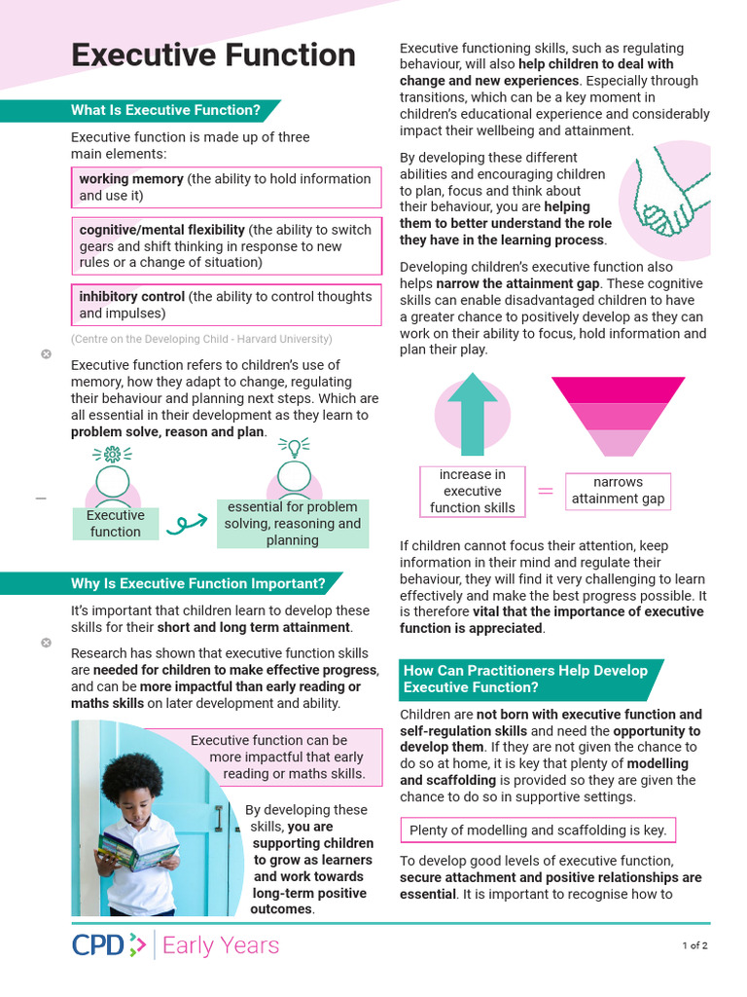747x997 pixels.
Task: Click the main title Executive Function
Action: pos(213,55)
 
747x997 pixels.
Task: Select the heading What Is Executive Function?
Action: pos(165,110)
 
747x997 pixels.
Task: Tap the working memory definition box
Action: pos(226,187)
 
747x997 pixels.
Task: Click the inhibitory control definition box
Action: pos(226,305)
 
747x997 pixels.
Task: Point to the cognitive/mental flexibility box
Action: pos(226,246)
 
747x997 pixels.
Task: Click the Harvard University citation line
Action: pos(201,339)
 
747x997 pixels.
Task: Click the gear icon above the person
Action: pos(113,454)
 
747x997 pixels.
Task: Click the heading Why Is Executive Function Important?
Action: pos(197,583)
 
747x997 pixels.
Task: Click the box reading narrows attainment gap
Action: pos(618,491)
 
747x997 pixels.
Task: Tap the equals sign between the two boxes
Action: pos(545,492)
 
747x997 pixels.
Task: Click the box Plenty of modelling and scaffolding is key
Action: pos(538,831)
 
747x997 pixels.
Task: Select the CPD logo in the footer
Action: pos(109,944)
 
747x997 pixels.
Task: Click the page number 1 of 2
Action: pos(694,945)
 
